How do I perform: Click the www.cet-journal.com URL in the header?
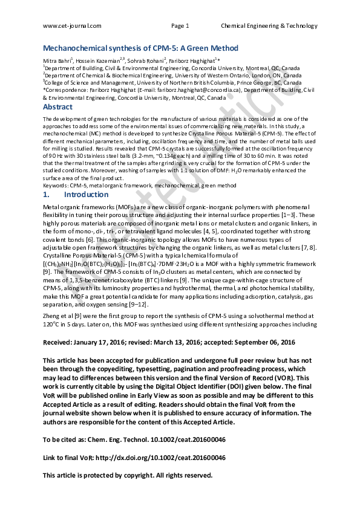72,26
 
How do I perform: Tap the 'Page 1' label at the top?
180,26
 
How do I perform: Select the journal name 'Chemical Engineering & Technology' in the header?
269,26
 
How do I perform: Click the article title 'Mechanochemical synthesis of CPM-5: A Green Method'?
140,48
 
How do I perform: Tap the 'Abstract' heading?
57,107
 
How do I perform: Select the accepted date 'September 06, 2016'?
263,343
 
